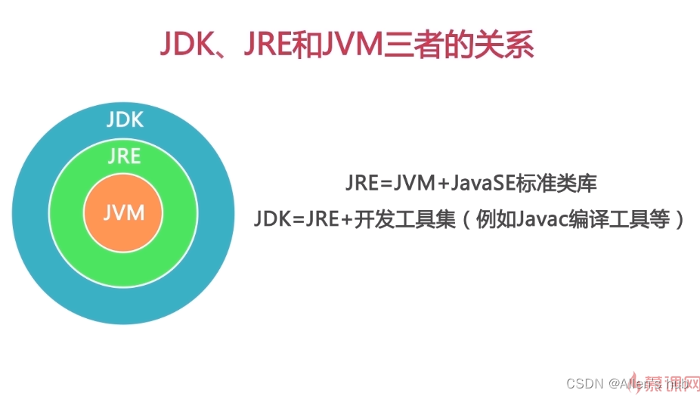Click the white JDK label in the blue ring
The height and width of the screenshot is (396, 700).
[125, 119]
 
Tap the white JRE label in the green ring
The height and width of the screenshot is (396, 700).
[124, 156]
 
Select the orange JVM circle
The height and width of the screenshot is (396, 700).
[124, 212]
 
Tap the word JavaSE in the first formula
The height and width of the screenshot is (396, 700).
[472, 183]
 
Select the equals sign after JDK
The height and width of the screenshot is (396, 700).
[296, 220]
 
